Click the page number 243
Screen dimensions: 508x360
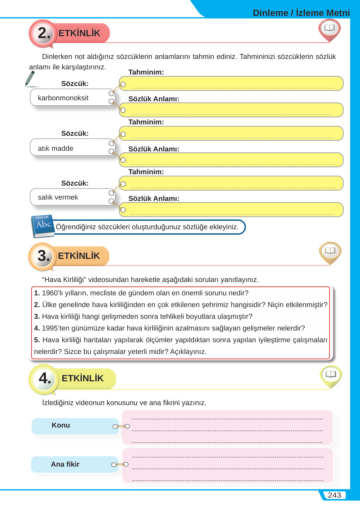[x=334, y=495]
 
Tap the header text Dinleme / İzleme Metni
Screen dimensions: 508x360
[x=301, y=13]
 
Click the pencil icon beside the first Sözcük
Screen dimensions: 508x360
[x=30, y=79]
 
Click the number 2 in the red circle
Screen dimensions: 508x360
[x=44, y=33]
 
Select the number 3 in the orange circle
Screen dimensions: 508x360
[x=43, y=256]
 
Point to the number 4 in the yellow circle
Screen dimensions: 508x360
[x=45, y=378]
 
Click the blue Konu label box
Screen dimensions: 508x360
[x=75, y=426]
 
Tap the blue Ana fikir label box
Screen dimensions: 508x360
[x=75, y=464]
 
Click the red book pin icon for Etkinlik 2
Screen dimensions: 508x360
[x=329, y=29]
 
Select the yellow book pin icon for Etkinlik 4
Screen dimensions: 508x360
[x=331, y=375]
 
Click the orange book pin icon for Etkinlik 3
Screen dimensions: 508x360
[x=330, y=252]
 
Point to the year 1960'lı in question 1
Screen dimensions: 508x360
[x=53, y=293]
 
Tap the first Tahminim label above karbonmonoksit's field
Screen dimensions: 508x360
[x=146, y=72]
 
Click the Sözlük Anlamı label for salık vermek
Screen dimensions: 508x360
[x=154, y=199]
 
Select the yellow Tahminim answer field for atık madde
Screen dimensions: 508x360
[x=231, y=134]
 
